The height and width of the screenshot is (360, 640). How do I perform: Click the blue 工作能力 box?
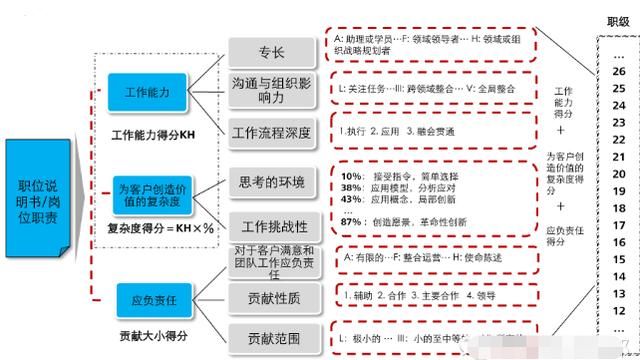click(149, 92)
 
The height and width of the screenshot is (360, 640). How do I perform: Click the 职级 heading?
click(618, 23)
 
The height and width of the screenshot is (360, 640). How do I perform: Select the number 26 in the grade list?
click(618, 71)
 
